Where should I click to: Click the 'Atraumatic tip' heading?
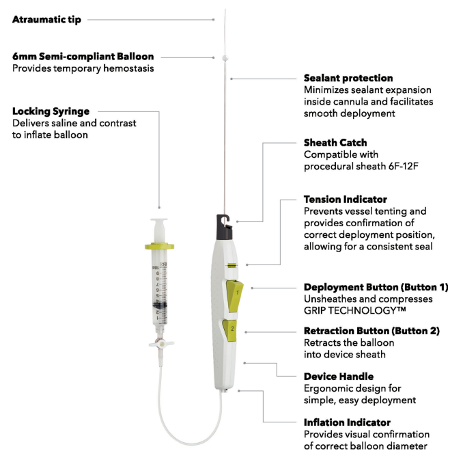pyautogui.click(x=46, y=20)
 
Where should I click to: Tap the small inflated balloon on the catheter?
pyautogui.click(x=225, y=58)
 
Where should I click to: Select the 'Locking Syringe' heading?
pyautogui.click(x=51, y=111)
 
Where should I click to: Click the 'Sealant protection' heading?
pyautogui.click(x=348, y=78)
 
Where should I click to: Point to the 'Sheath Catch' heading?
pyautogui.click(x=335, y=142)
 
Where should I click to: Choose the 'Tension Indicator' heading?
pyautogui.click(x=345, y=200)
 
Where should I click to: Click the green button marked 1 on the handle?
pyautogui.click(x=235, y=296)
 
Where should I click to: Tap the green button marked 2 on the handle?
pyautogui.click(x=229, y=330)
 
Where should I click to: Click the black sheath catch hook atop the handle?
pyautogui.click(x=225, y=227)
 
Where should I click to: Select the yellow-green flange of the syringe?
pyautogui.click(x=159, y=246)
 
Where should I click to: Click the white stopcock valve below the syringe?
pyautogui.click(x=161, y=344)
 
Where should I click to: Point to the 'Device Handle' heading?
pyautogui.click(x=339, y=377)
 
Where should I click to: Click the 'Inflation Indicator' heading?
pyautogui.click(x=347, y=422)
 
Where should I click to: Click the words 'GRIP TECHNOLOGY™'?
pyautogui.click(x=354, y=310)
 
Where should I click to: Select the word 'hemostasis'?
pyautogui.click(x=128, y=68)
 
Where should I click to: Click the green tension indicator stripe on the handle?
pyautogui.click(x=232, y=265)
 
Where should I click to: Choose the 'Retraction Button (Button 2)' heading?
pyautogui.click(x=371, y=331)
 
